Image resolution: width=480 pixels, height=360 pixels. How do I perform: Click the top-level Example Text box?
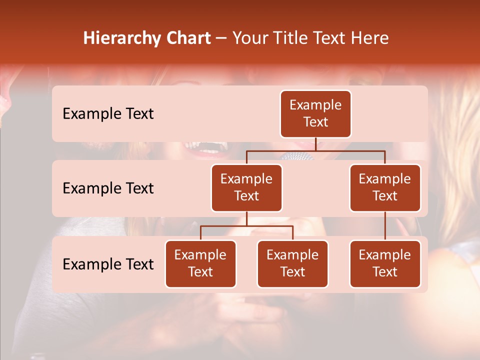point(315,114)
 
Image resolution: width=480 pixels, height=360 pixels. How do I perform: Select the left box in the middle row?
point(246,188)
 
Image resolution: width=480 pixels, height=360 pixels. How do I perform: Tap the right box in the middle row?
point(385,188)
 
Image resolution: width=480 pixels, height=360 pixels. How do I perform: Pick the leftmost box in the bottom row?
point(200,264)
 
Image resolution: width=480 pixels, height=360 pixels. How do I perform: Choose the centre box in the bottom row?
point(292,264)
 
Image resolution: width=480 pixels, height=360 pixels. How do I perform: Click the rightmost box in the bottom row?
point(385,264)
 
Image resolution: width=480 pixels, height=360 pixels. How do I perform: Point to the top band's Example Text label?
point(108,114)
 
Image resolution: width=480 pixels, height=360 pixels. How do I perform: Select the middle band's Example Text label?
point(108,188)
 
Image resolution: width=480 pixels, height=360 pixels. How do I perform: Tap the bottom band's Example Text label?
point(108,264)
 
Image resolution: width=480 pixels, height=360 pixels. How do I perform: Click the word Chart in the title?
point(189,38)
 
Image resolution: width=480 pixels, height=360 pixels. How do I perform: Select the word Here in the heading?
point(370,38)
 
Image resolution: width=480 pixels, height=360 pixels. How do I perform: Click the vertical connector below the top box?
point(316,144)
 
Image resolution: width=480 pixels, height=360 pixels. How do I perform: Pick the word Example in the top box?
point(315,105)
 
